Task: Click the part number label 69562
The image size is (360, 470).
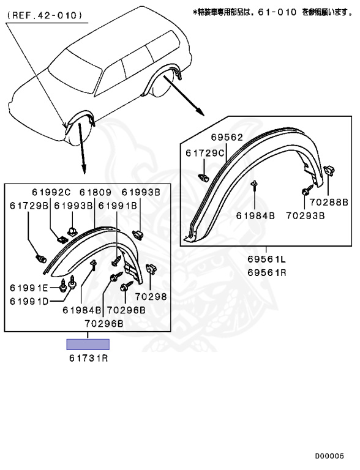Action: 227,137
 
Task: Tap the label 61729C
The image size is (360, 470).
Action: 205,153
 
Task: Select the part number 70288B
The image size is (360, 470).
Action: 329,202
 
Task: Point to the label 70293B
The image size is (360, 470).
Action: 305,215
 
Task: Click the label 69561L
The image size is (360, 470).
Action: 267,259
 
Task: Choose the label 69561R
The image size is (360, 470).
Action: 267,272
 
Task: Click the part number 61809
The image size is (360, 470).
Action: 95,192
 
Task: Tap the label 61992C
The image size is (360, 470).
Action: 51,192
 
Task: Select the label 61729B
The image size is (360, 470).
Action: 29,206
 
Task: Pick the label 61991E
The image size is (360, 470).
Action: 29,288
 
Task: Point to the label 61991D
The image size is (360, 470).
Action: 29,301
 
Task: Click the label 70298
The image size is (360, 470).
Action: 151,296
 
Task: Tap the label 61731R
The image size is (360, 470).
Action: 89,358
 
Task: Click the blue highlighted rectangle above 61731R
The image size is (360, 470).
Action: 88,345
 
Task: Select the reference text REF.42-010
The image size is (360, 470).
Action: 44,15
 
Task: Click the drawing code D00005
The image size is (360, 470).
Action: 329,456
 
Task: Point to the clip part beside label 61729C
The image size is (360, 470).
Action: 204,177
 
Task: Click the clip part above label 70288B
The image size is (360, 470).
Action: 329,171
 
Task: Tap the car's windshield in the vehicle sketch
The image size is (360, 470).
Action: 75,75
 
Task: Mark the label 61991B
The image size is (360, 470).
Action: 118,206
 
